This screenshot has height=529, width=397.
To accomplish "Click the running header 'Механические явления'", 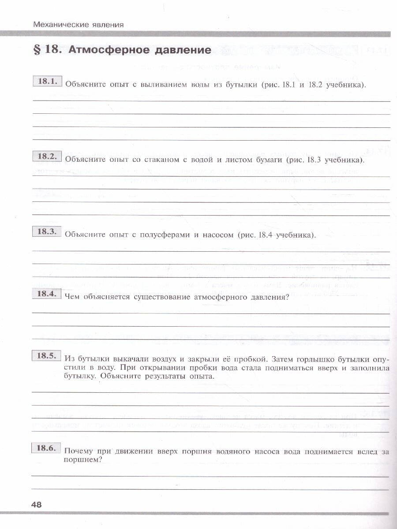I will click(78, 25).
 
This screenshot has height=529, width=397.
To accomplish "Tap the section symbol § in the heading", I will click(37, 50).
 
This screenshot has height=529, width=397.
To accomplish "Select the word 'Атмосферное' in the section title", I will click(102, 50).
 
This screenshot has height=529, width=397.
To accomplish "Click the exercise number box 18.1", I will click(46, 82).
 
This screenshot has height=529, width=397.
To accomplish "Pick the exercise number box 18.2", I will click(46, 156).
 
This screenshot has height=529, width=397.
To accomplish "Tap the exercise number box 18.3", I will click(46, 231).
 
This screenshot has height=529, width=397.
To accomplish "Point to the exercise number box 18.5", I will click(46, 356).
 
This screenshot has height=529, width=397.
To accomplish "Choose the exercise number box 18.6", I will click(46, 448).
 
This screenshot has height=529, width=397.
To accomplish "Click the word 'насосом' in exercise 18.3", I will click(217, 235).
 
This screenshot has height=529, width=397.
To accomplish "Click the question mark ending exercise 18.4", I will click(287, 297).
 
